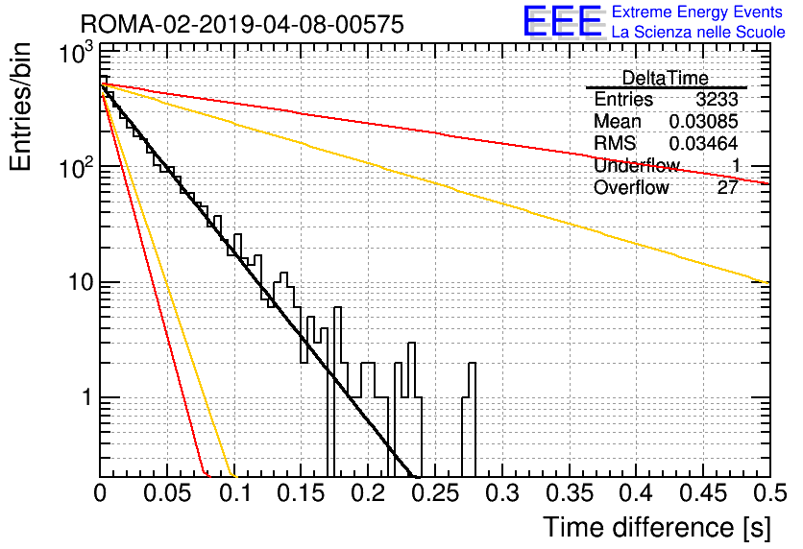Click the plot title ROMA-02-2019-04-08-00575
coord(242,24)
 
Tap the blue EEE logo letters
coord(562,21)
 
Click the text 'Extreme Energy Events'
coord(697,12)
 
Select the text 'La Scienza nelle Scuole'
coord(698,32)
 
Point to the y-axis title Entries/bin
coord(20,107)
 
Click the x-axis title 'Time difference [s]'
coord(657,527)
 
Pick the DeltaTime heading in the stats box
coord(665,78)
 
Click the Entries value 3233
coord(717,99)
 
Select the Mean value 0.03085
coord(704,121)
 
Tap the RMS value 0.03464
coord(704,143)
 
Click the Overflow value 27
coord(728,187)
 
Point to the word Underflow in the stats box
coord(637,165)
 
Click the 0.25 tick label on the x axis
coord(437,493)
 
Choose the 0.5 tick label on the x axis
coord(771,493)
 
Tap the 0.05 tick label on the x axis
coord(167,493)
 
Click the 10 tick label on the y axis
coord(81,282)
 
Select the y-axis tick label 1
coord(86,397)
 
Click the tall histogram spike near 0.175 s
coord(337,308)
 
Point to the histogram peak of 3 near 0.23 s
coord(411,344)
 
